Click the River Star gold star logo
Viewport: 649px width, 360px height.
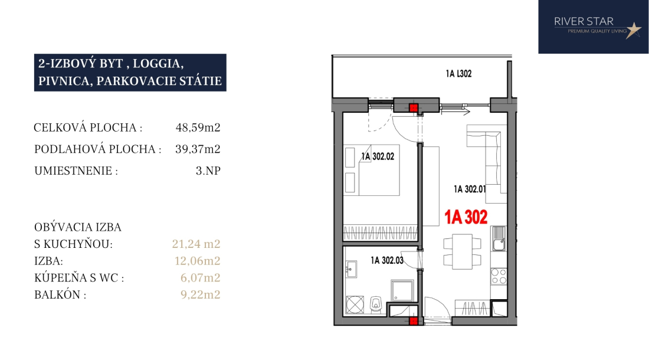633,30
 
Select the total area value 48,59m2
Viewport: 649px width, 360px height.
198,127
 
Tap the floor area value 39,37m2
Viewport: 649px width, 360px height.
198,149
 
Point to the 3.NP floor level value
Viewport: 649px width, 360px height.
208,171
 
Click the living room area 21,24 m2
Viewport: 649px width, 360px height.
196,244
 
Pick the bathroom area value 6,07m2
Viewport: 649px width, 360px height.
201,277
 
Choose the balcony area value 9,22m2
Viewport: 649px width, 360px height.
201,294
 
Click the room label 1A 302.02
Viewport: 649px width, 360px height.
378,156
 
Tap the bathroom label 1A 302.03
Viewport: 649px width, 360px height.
387,260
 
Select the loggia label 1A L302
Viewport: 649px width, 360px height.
458,74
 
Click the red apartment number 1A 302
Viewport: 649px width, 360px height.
466,217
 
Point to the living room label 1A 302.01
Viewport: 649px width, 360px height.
470,189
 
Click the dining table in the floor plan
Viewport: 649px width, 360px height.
463,251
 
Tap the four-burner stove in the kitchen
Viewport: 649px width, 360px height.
499,276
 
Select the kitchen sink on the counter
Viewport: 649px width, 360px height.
499,239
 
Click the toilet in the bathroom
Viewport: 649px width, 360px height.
376,304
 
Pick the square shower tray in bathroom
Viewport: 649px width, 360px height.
402,290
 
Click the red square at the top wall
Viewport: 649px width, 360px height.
414,108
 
